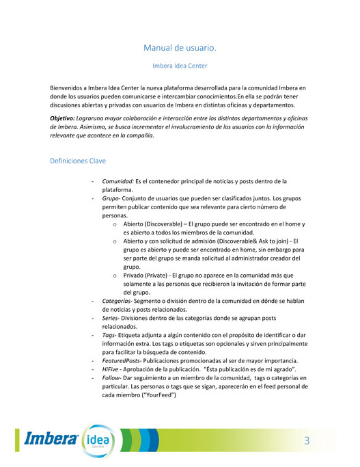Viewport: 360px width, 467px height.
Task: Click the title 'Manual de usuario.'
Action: point(180,48)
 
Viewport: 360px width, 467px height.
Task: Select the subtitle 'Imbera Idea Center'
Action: point(180,66)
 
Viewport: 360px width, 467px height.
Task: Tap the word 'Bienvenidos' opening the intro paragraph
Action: point(69,89)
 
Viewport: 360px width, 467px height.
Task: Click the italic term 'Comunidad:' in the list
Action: point(117,181)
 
